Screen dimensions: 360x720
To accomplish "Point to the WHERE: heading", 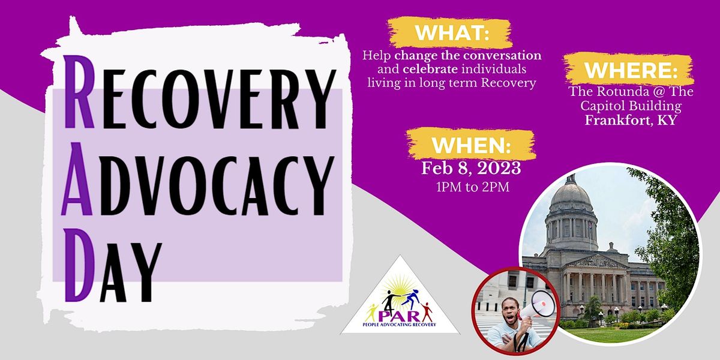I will (631, 70).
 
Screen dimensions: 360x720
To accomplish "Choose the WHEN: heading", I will (471, 145).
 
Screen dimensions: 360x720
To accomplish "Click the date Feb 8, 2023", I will (471, 167).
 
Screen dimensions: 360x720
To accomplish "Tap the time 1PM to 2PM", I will (471, 187).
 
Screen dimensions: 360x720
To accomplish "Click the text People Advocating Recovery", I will (400, 325).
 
